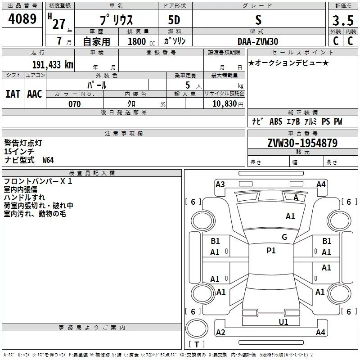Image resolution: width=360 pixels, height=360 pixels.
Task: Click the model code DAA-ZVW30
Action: click(x=258, y=41)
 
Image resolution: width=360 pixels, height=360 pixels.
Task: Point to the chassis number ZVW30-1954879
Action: click(x=302, y=143)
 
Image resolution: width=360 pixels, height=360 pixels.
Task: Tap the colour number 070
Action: click(x=74, y=104)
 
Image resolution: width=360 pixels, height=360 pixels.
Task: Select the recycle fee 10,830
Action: click(x=224, y=104)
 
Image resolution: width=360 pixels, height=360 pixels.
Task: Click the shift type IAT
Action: click(x=13, y=94)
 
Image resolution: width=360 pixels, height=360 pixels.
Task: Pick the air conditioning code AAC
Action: click(x=34, y=94)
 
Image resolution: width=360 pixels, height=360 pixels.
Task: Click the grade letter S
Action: click(x=258, y=20)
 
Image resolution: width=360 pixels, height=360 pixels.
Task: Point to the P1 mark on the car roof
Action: click(x=271, y=251)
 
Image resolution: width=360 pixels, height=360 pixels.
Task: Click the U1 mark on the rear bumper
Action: click(x=283, y=322)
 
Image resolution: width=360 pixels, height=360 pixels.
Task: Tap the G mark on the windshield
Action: click(x=284, y=237)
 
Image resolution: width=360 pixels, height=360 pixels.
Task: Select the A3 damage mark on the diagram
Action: click(x=220, y=184)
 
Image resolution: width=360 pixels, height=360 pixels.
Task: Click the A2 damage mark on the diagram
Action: click(x=220, y=332)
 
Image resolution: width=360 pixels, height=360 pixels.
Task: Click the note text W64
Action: click(x=48, y=160)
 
